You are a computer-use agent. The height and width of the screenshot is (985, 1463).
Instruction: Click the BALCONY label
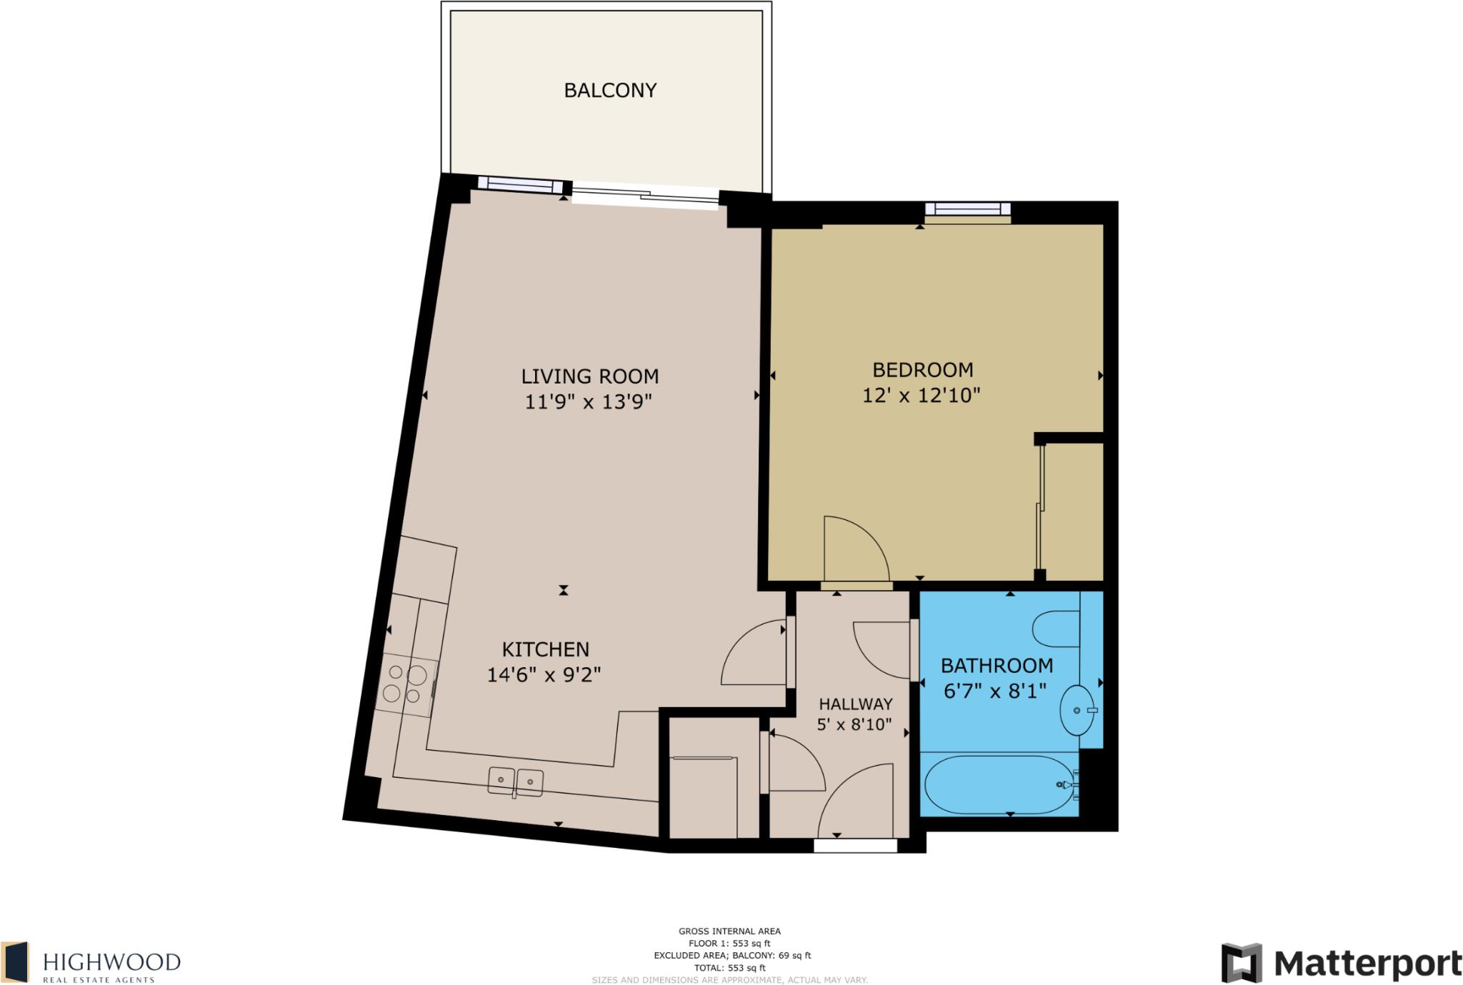[610, 91]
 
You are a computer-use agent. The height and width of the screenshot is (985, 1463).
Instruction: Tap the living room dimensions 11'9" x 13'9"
[589, 402]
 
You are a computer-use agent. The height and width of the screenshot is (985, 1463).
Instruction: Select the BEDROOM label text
[922, 370]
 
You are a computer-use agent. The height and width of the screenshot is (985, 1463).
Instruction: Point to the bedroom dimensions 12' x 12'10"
[921, 396]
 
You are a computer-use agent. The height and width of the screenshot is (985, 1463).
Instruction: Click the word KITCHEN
[545, 649]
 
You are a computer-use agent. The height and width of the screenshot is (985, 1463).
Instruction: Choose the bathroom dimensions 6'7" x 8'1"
[995, 691]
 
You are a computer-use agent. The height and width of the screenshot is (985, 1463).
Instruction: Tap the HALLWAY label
[855, 704]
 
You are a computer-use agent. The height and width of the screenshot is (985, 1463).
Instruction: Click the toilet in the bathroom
[1056, 629]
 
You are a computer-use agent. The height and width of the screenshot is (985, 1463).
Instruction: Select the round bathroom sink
[1077, 710]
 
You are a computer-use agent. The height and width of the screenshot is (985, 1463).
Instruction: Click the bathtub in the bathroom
[999, 784]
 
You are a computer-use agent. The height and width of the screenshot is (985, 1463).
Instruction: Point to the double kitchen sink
[515, 781]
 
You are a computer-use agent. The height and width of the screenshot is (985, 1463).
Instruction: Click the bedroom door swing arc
[856, 549]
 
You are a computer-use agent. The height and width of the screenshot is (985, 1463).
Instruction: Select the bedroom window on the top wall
[968, 209]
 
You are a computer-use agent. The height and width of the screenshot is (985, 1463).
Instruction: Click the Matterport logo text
[1367, 964]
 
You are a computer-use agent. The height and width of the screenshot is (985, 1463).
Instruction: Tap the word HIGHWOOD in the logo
[111, 961]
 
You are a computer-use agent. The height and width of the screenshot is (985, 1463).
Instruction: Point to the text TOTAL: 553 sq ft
[729, 968]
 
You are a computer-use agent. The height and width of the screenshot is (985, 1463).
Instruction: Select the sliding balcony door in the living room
[645, 196]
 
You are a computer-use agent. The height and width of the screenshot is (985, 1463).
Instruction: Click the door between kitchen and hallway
[754, 654]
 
